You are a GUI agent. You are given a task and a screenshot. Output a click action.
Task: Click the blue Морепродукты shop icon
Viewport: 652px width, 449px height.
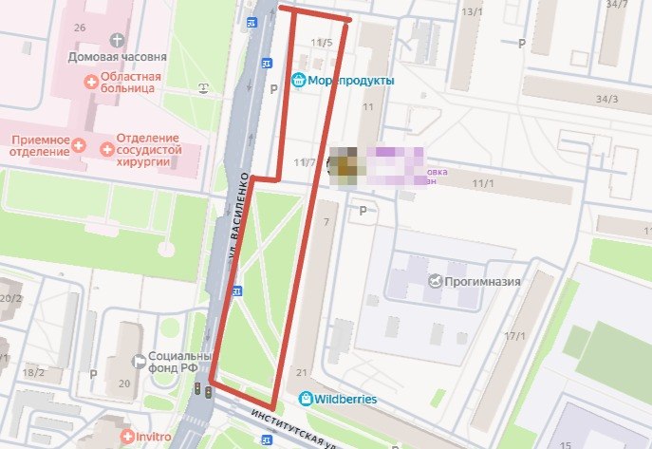tap(299, 81)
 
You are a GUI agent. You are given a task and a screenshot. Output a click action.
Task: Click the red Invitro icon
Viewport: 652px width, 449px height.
tap(127, 438)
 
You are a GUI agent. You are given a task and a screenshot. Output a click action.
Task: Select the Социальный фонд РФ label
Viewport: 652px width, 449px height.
tap(178, 364)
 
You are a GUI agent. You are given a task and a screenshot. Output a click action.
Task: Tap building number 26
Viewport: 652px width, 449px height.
tap(80, 27)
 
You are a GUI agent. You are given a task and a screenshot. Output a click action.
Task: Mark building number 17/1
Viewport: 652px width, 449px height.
tap(515, 336)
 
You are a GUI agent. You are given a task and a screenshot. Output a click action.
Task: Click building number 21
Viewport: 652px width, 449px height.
tap(302, 372)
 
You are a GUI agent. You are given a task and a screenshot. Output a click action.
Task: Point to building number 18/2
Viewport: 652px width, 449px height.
tap(33, 372)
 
